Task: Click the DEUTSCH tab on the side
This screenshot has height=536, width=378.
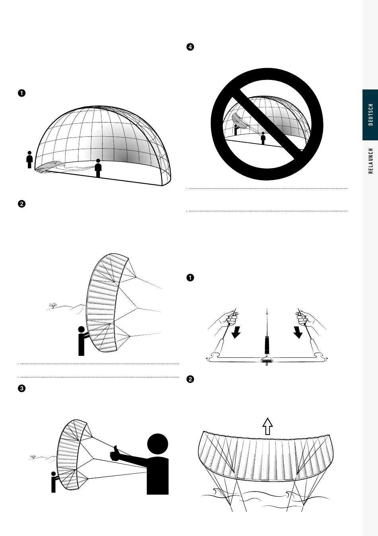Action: (370, 115)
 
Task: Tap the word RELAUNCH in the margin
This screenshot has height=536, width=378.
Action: (370, 161)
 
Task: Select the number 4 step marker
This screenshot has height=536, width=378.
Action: (190, 47)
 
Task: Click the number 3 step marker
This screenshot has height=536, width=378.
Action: (21, 388)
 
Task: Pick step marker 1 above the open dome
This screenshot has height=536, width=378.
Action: (21, 93)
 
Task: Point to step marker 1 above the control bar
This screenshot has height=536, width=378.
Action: (190, 278)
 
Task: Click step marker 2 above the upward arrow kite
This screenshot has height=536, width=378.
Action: (190, 379)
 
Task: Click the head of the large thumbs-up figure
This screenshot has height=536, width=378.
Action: (158, 444)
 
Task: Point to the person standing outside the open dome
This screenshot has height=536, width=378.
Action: (29, 159)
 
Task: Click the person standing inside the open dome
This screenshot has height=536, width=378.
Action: (98, 168)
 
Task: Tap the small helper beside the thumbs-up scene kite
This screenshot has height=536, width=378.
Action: (54, 482)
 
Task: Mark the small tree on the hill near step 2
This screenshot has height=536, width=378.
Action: (53, 305)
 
